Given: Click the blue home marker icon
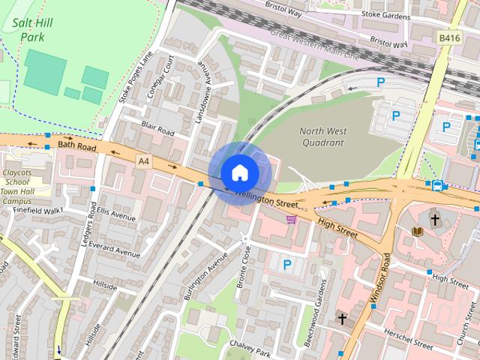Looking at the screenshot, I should (x=239, y=172).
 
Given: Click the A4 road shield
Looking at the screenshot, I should (x=143, y=160).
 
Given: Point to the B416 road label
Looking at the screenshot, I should (x=450, y=37).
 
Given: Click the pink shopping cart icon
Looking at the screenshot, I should (x=291, y=219).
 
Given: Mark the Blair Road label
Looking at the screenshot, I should (x=157, y=130).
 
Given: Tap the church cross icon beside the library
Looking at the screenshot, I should (x=434, y=219).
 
